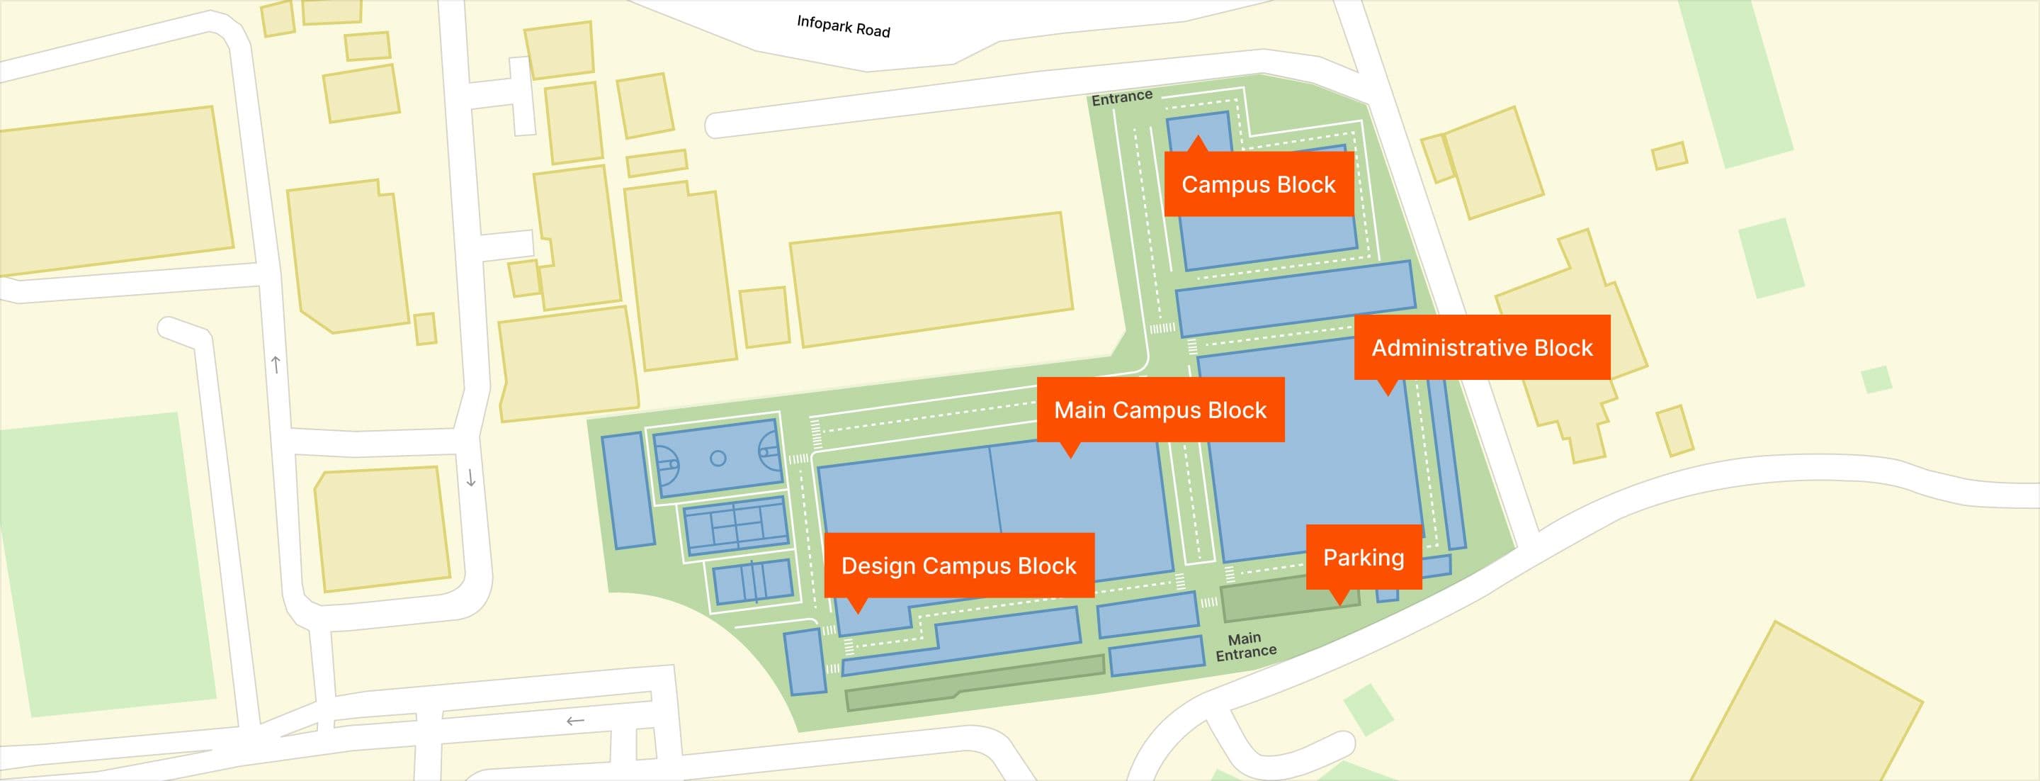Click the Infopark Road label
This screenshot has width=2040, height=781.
843,26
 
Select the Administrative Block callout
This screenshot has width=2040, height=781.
1481,348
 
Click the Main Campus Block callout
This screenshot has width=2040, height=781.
1160,410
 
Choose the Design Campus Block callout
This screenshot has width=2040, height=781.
958,566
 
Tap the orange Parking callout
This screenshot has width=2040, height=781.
1363,558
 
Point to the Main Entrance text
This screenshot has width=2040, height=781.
1245,646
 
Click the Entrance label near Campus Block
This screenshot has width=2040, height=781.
1121,97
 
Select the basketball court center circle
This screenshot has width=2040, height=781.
718,458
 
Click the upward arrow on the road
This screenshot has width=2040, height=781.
276,364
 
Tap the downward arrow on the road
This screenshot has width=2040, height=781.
470,478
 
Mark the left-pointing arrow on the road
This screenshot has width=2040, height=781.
575,721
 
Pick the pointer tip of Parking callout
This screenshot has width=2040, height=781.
1339,605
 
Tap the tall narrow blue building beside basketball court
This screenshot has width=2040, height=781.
626,490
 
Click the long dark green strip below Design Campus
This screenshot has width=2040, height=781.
974,682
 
